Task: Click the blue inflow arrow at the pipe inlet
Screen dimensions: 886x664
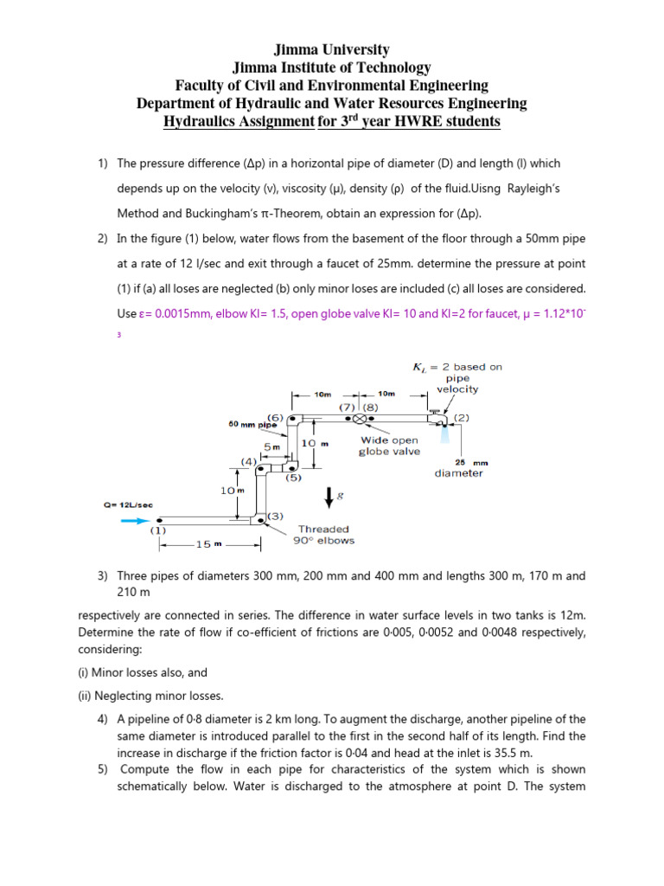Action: point(136,520)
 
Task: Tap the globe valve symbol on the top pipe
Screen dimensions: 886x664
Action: point(360,419)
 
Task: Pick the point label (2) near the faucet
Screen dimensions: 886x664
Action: point(461,417)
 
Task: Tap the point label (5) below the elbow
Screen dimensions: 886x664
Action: point(293,477)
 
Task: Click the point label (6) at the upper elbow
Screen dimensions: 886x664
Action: point(276,417)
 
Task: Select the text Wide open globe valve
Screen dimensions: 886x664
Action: point(390,446)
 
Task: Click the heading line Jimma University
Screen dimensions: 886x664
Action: point(331,50)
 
